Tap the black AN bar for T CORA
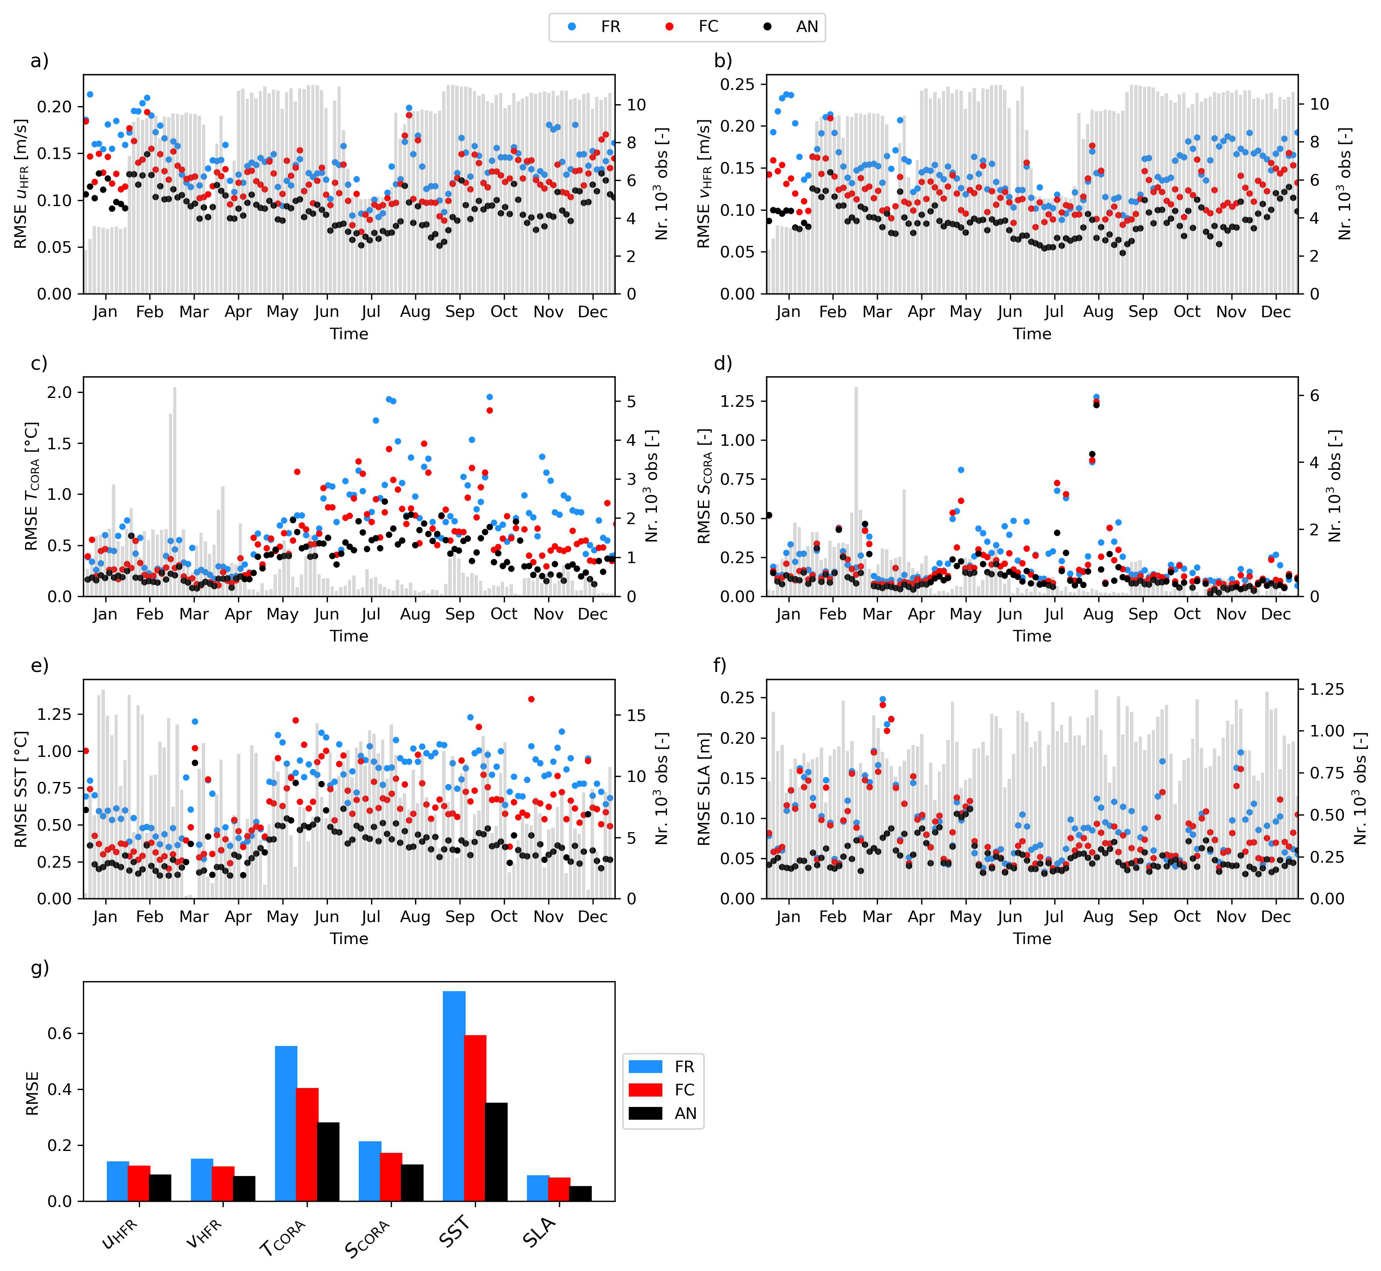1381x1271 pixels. (x=329, y=1162)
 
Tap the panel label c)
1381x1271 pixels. (x=39, y=363)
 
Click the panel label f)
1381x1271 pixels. (x=720, y=665)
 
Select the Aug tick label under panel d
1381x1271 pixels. (x=1098, y=614)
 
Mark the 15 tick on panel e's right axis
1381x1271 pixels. (x=636, y=715)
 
